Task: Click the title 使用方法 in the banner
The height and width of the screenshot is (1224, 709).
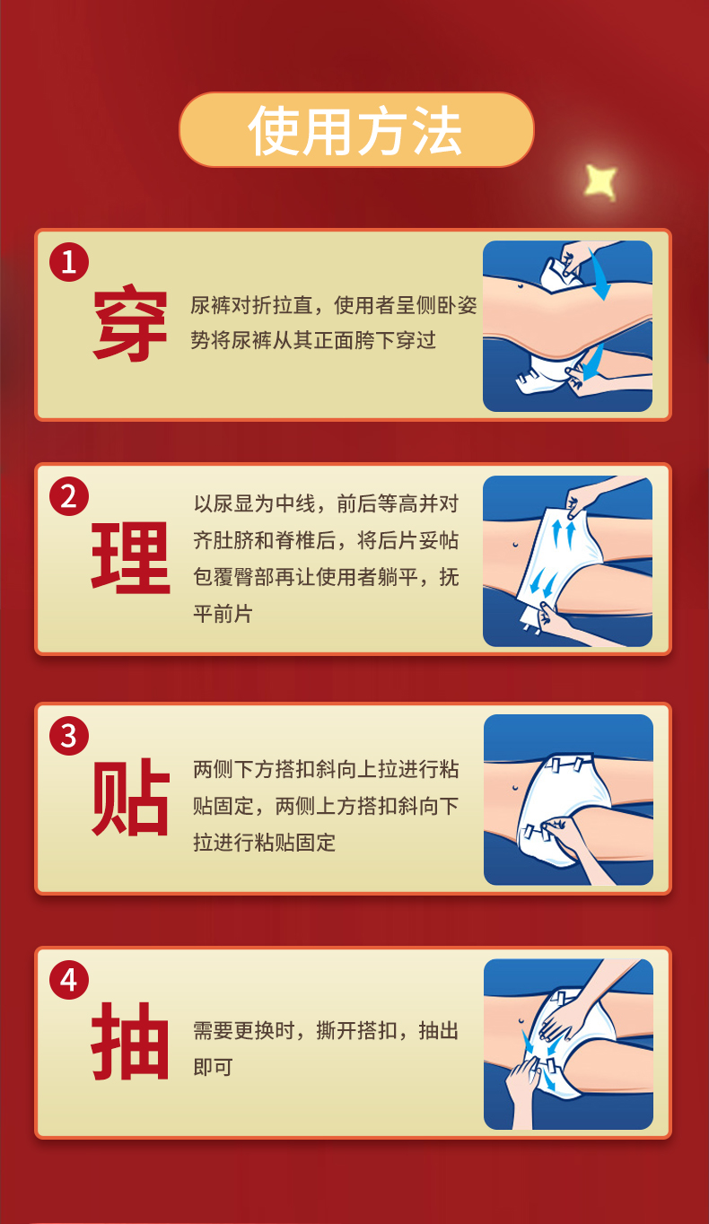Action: [355, 131]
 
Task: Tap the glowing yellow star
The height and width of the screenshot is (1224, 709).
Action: [600, 180]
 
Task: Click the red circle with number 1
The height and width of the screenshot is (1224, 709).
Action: [69, 262]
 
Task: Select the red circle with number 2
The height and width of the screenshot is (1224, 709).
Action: [69, 496]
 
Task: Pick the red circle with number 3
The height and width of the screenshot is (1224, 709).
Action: [69, 736]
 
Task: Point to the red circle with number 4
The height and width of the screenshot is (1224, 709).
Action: [69, 980]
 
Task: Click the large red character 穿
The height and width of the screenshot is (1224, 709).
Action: [130, 323]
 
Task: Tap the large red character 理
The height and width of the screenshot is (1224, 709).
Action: [131, 557]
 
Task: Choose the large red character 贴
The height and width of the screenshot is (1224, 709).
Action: [131, 797]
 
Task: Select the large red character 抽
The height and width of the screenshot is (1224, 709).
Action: [131, 1042]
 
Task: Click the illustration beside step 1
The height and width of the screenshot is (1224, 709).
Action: [567, 327]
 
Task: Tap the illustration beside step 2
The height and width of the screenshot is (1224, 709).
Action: [567, 561]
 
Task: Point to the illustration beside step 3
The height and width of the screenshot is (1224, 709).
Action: [568, 800]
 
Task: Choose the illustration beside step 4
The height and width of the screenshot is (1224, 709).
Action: [568, 1045]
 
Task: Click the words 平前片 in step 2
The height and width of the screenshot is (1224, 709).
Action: [223, 614]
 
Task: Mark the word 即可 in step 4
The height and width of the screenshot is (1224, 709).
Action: [214, 1067]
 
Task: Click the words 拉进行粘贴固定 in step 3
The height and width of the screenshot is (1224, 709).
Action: [265, 842]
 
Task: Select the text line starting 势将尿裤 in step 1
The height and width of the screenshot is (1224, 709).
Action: [313, 340]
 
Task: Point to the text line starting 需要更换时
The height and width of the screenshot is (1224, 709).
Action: [326, 1030]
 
